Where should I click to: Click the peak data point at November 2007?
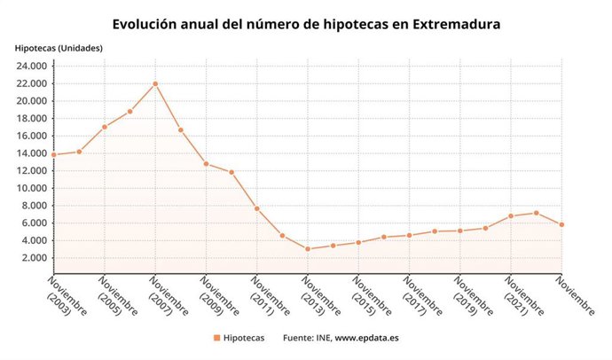(155, 84)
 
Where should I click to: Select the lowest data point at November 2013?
(308, 249)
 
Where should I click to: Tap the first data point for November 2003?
(54, 154)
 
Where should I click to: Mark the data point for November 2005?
(105, 127)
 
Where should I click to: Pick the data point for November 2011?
(257, 208)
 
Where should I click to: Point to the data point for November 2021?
(511, 216)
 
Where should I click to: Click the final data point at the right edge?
(561, 224)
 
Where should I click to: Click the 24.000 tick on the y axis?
(31, 66)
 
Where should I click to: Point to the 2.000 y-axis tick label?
(34, 258)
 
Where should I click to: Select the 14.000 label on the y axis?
(31, 153)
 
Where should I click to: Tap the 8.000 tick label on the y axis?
(34, 206)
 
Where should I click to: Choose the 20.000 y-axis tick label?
(31, 101)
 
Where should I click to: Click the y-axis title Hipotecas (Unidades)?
(59, 47)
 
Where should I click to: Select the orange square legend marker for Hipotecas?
(216, 338)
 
